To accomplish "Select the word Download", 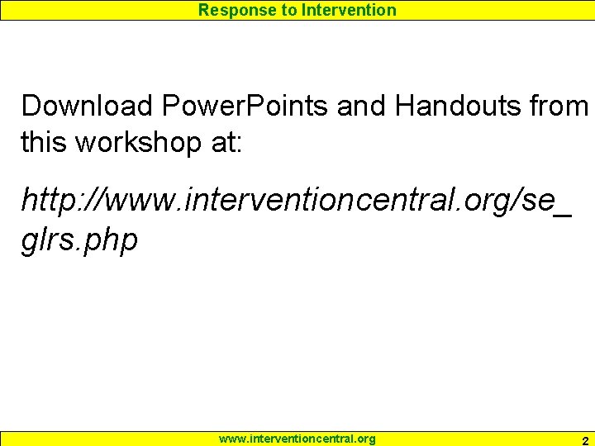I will [x=88, y=106].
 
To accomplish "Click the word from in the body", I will [x=559, y=106].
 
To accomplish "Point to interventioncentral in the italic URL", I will [x=307, y=201].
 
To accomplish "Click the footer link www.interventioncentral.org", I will [x=297, y=439].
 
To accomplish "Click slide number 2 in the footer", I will [x=585, y=440].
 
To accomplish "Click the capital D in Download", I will [x=31, y=106].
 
